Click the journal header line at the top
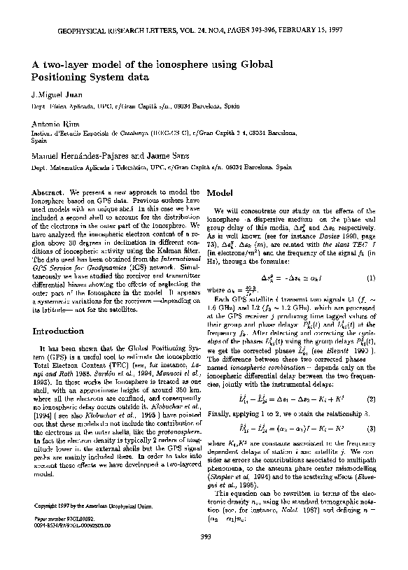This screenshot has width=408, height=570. pos(204,31)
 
